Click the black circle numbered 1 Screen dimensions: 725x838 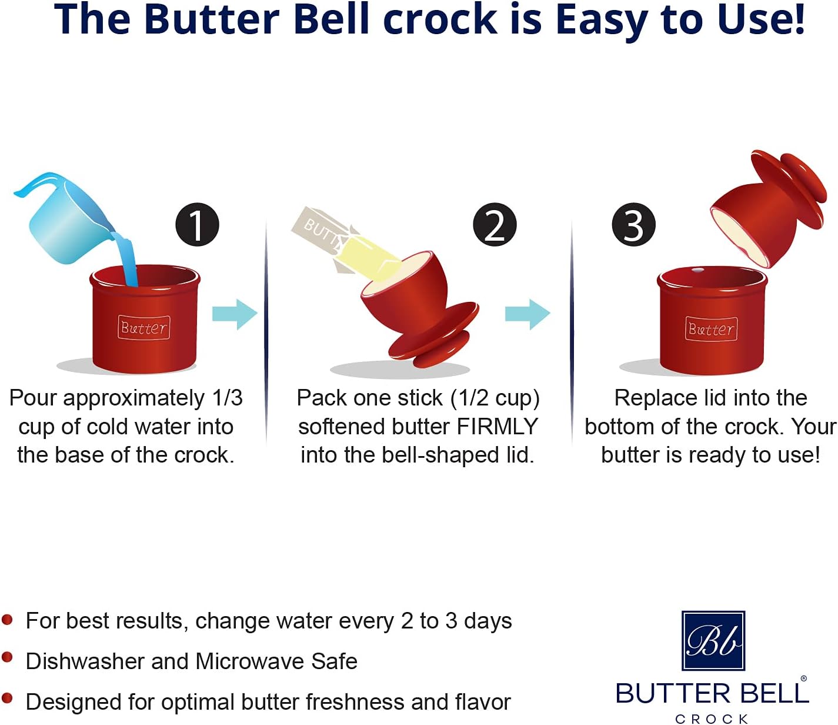[197, 225]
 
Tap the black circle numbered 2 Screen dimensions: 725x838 [495, 225]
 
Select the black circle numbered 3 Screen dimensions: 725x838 [633, 225]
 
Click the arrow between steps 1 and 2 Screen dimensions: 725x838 [235, 314]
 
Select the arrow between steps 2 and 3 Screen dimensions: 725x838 [527, 314]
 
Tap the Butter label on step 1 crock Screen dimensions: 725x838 [144, 328]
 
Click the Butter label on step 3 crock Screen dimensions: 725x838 [711, 329]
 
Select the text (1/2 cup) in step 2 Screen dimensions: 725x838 [495, 398]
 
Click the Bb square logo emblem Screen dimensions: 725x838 [713, 640]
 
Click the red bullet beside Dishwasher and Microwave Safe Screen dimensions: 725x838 [8, 657]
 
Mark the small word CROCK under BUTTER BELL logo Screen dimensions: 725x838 [712, 719]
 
